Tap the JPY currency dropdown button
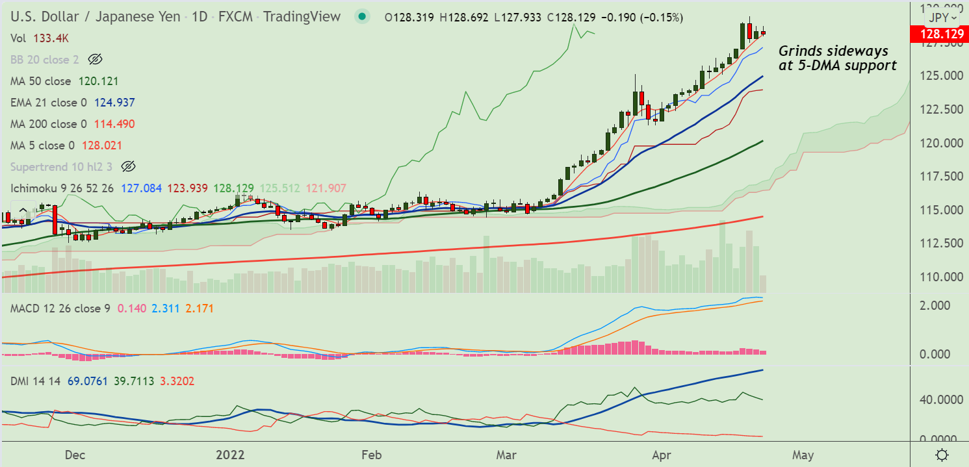point(944,18)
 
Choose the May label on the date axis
point(803,455)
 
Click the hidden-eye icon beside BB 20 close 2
point(95,60)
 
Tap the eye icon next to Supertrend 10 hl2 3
point(128,166)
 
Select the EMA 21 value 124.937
point(114,103)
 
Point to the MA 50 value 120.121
point(98,81)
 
